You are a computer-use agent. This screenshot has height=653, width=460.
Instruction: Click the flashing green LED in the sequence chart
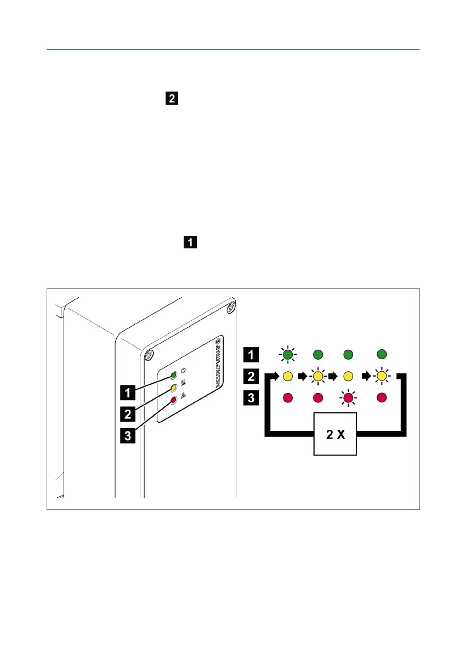287,355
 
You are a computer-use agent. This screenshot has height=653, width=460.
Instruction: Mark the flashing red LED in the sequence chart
348,397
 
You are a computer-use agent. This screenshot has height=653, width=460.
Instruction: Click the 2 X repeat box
335,433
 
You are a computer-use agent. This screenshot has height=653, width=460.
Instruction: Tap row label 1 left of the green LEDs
251,355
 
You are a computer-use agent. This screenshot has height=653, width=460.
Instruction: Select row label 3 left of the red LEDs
251,396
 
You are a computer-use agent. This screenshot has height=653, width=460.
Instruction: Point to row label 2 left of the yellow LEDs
251,376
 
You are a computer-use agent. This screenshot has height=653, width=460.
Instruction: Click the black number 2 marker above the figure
172,99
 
